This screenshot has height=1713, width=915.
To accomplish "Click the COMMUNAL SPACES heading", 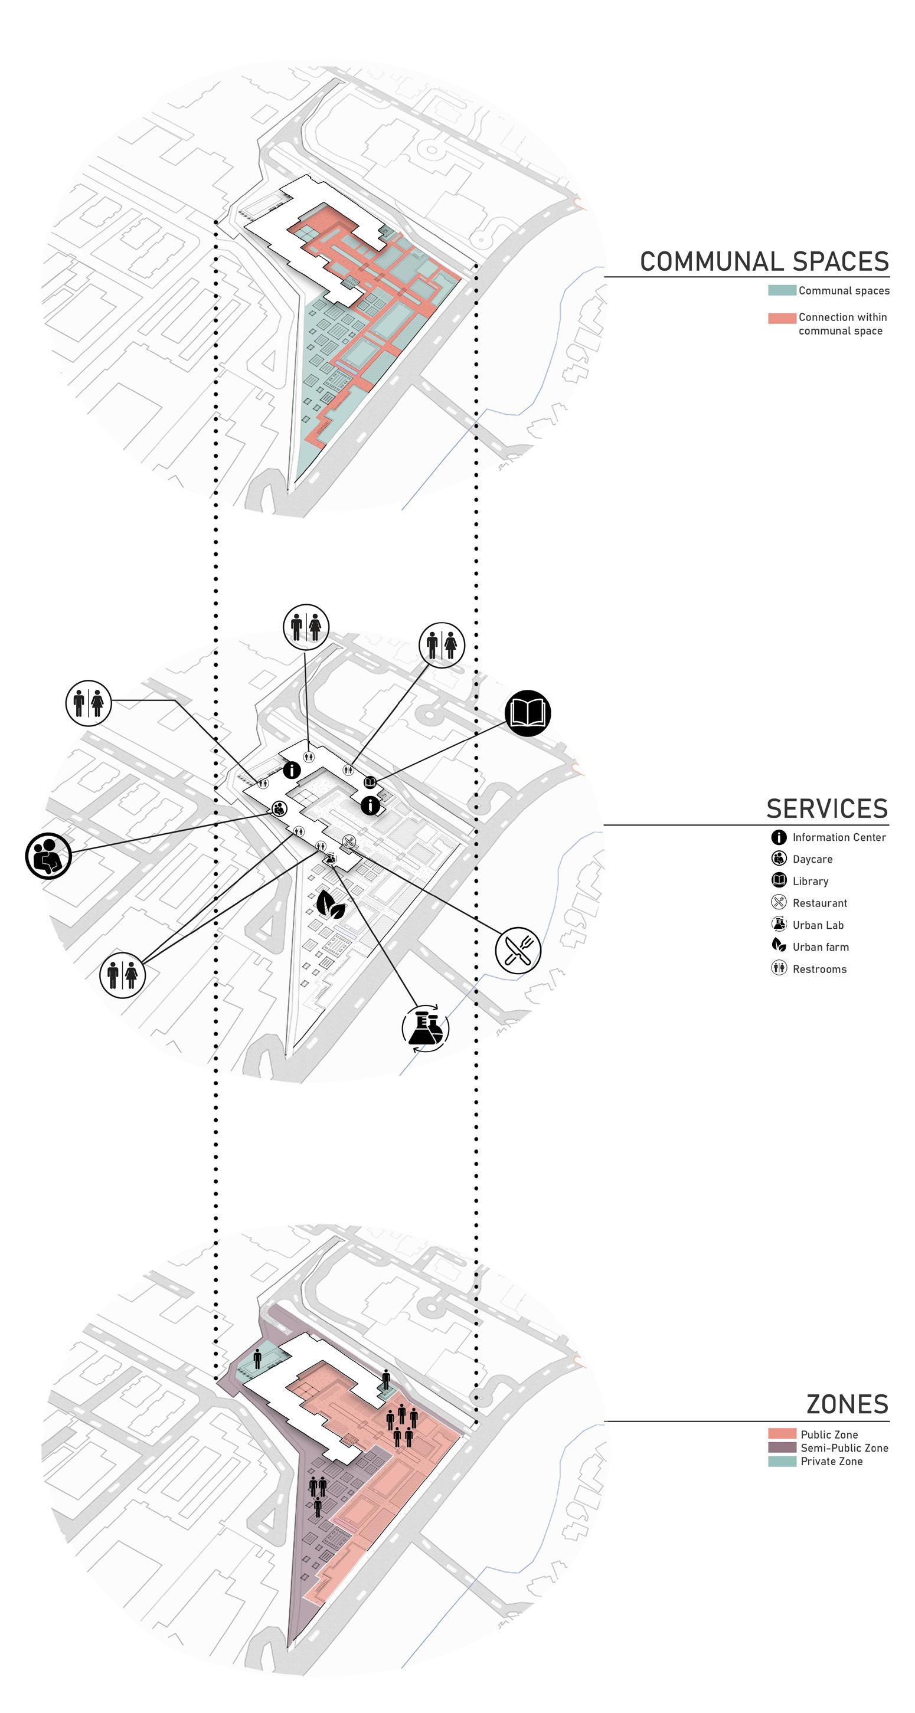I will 764,261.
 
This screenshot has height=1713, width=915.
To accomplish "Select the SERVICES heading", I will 826,808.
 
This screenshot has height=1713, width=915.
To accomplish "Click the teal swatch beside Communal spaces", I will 782,290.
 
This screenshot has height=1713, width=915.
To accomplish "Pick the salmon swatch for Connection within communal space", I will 782,318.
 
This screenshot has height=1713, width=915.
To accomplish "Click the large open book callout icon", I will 528,713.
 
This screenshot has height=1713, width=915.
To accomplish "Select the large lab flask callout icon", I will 425,1027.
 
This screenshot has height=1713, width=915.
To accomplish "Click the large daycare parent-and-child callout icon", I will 48,856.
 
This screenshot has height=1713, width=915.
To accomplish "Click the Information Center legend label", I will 838,837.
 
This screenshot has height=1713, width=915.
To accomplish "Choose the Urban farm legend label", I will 821,947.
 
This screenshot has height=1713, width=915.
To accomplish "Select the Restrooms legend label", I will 819,969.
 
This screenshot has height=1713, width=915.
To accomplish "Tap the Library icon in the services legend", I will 779,880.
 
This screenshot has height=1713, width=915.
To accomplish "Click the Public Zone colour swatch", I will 782,1434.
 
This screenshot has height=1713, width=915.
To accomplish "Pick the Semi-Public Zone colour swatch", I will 782,1447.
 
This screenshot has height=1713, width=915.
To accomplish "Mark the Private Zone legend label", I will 831,1461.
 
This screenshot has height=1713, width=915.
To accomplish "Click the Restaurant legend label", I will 819,903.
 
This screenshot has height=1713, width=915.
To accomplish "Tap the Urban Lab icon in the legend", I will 779,924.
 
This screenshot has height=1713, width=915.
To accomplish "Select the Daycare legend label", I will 812,859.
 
